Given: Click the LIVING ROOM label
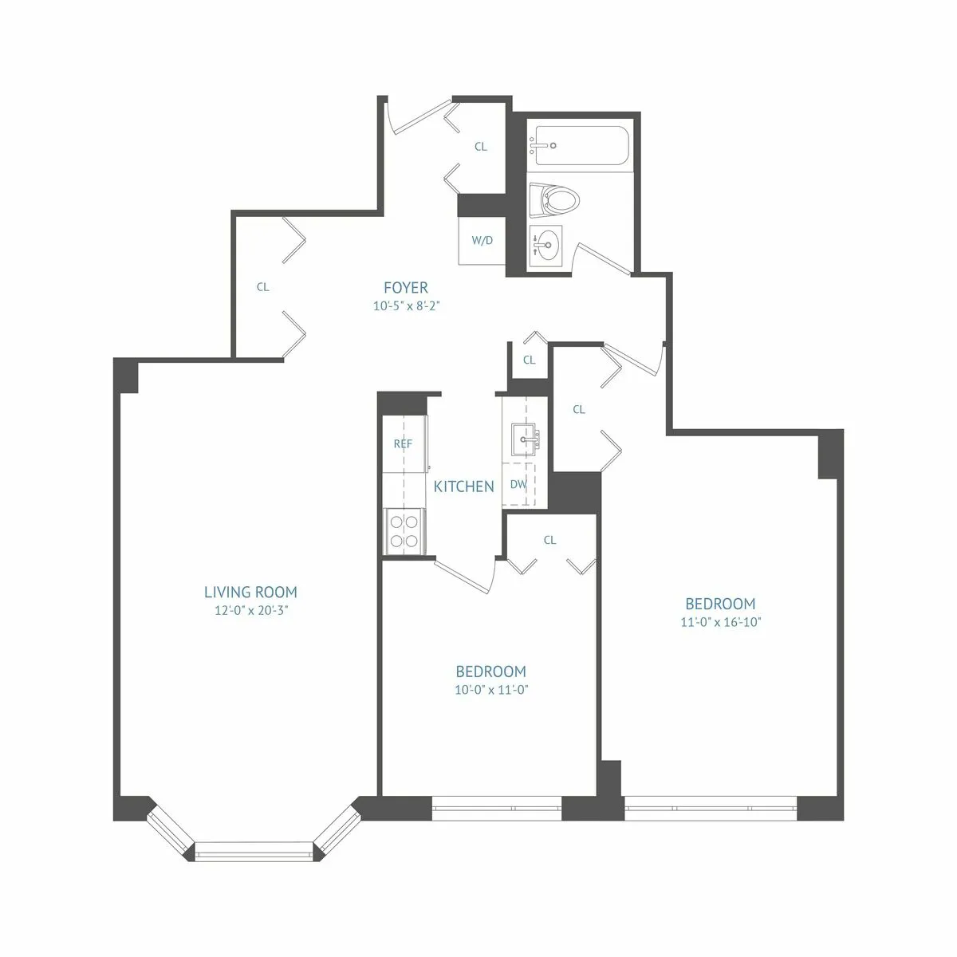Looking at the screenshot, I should click(x=250, y=592).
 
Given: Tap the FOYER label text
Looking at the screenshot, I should click(x=406, y=288).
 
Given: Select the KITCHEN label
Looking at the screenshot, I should click(x=463, y=486).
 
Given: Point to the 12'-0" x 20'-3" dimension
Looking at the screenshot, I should click(x=250, y=611).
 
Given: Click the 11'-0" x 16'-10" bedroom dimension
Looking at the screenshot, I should click(x=721, y=622).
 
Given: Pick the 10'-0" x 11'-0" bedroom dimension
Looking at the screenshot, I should click(x=491, y=690).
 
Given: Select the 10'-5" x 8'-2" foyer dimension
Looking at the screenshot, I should click(x=406, y=305).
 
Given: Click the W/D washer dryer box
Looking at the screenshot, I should click(x=482, y=241).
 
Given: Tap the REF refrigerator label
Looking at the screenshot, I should click(x=403, y=444).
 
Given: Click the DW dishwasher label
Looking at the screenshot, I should click(x=518, y=484).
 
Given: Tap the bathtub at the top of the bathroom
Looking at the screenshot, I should click(x=580, y=146).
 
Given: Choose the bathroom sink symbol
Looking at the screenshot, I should click(x=546, y=242).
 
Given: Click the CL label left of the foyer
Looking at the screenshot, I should click(x=262, y=288).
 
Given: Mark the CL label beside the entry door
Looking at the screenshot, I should click(x=481, y=147).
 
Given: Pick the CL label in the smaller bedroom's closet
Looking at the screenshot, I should click(x=549, y=540).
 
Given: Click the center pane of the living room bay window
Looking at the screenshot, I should click(x=254, y=850).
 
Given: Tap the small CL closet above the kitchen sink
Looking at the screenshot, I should click(x=529, y=360).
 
